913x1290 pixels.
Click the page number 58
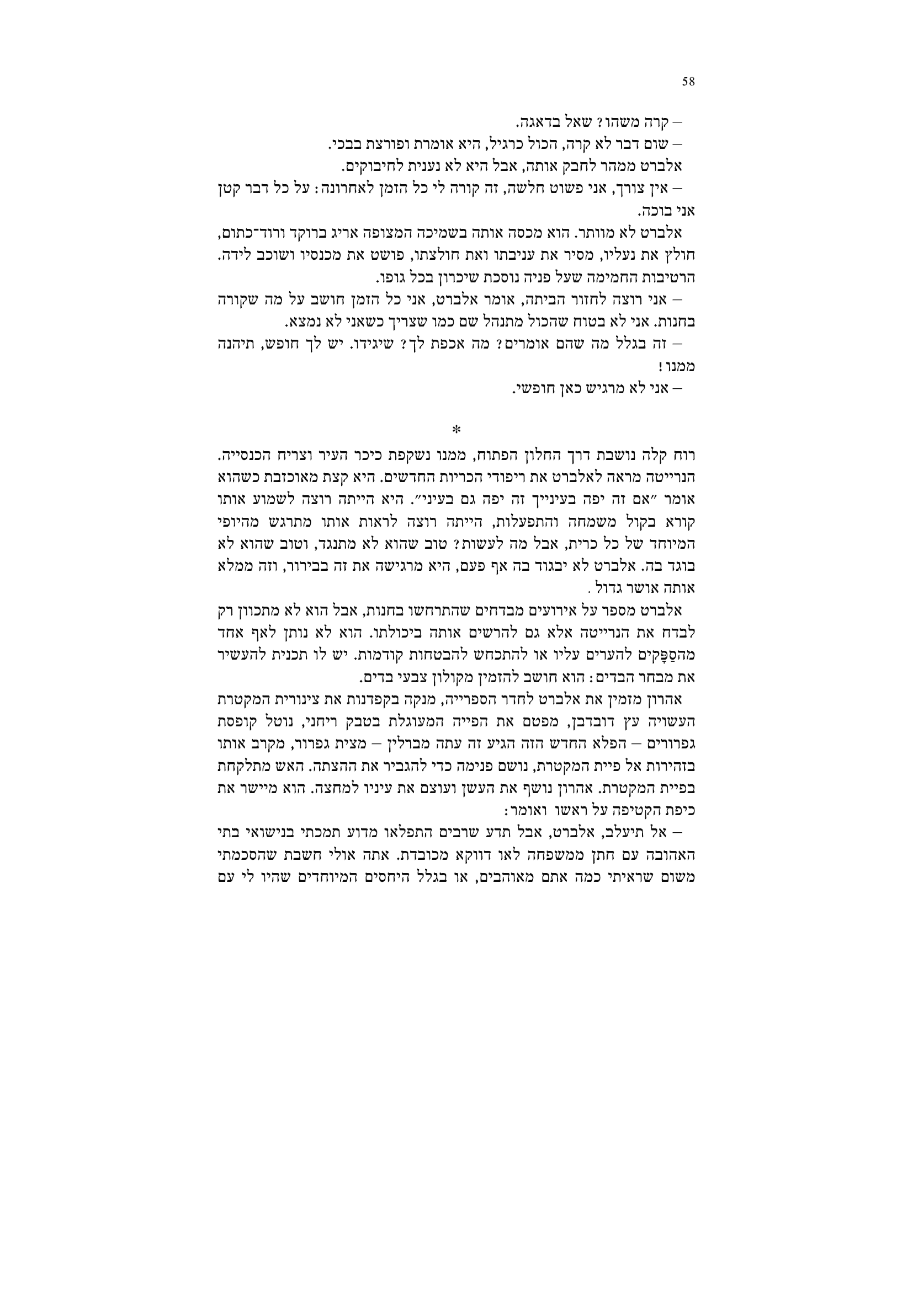pos(689,82)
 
